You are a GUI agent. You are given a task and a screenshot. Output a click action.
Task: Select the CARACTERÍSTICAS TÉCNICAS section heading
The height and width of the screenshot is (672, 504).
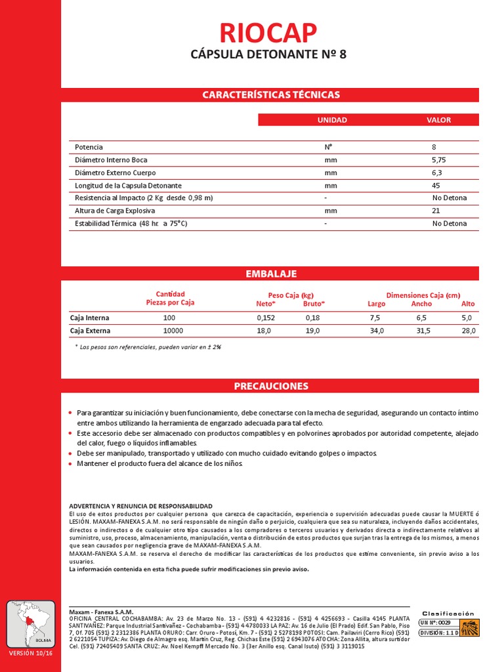[x=270, y=94]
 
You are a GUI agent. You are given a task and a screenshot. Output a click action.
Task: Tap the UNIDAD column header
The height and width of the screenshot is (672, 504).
[x=332, y=120]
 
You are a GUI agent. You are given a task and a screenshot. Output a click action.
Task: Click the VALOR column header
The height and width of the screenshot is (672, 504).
[x=438, y=120]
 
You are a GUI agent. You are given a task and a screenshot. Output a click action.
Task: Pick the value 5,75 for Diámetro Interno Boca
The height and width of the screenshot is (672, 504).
[x=438, y=160]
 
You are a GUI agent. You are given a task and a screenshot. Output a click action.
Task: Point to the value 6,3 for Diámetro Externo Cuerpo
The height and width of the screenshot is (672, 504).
[x=437, y=173]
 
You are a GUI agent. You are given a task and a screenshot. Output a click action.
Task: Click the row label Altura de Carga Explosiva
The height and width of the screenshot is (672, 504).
[x=115, y=211]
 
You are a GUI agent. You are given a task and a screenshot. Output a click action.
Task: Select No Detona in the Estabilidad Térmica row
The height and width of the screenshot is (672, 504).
[x=449, y=224]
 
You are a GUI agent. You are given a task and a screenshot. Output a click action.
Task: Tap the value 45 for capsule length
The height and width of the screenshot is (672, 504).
[x=436, y=186]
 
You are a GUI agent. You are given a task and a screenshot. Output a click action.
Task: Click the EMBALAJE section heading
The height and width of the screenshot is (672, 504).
[x=270, y=274]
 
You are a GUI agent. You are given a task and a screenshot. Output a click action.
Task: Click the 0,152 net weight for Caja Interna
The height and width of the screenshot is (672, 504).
[x=265, y=318]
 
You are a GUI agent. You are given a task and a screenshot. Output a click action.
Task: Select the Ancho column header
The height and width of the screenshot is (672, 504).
[x=421, y=304]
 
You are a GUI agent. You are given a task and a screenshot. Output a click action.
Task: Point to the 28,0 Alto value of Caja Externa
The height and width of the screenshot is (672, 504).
[x=468, y=331]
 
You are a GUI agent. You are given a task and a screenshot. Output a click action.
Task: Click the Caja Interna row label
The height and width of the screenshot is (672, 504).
[x=90, y=318]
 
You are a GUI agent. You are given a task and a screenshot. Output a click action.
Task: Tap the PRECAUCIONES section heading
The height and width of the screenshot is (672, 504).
[x=270, y=386]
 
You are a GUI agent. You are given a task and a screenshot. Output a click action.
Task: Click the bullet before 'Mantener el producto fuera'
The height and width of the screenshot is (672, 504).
[x=71, y=465]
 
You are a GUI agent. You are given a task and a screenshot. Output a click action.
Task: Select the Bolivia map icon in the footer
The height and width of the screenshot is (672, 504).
[x=30, y=624]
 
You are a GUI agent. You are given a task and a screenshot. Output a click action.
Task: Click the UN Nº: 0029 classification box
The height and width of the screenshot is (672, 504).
[x=436, y=621]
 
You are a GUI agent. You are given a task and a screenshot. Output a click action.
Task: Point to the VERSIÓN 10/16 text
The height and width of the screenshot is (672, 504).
[x=30, y=654]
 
